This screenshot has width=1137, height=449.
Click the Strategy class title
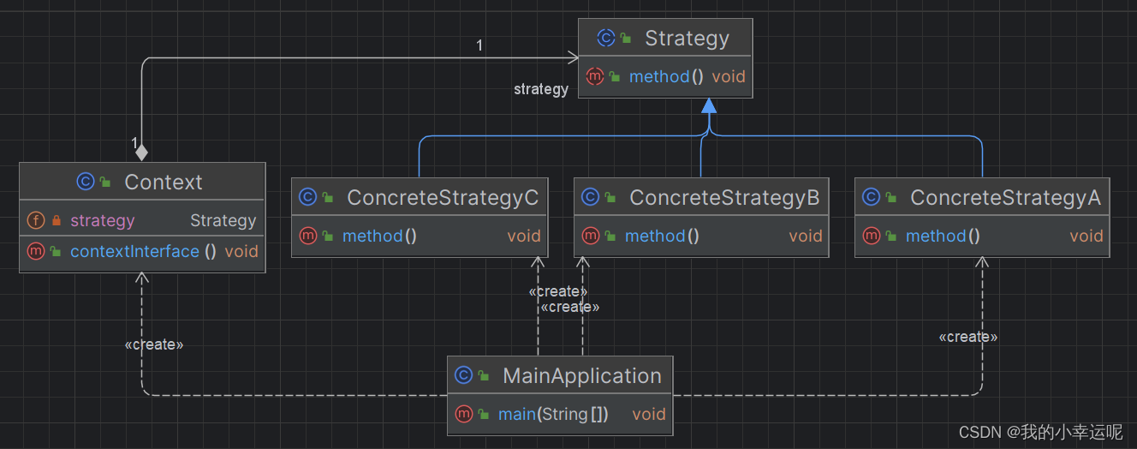[687, 38]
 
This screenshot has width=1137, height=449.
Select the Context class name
[164, 182]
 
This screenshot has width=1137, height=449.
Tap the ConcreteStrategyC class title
[443, 198]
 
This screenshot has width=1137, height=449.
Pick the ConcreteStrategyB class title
[724, 198]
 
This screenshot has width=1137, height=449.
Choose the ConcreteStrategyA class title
[1005, 198]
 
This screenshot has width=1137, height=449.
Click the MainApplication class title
[582, 376]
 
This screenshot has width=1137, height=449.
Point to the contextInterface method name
[134, 251]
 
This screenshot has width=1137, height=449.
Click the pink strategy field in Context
[103, 220]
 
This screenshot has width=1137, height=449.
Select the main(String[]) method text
[553, 415]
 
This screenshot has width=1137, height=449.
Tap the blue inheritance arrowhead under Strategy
[709, 105]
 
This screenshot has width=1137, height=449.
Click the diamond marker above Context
[141, 152]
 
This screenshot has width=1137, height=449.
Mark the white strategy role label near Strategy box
[541, 89]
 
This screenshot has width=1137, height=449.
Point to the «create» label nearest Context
[154, 344]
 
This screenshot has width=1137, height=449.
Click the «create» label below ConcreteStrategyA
[968, 337]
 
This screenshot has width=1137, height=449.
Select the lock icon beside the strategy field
[57, 220]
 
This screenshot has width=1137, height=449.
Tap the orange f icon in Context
[36, 220]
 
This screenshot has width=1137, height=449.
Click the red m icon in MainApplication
[463, 414]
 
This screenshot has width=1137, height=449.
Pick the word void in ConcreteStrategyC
[524, 236]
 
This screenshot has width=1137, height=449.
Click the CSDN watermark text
[1040, 432]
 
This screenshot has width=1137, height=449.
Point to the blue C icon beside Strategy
[605, 38]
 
